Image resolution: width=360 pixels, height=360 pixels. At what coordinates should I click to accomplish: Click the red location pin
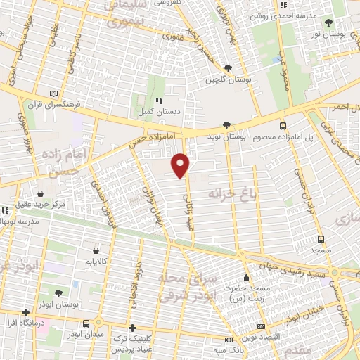[181, 165]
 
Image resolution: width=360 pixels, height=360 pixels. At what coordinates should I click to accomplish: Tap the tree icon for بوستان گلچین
[226, 68]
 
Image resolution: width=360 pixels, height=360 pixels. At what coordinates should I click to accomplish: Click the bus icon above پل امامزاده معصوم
[283, 127]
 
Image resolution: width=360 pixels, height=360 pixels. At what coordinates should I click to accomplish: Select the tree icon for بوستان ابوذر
[58, 294]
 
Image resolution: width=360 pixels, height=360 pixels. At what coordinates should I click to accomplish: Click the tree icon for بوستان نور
[329, 23]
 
